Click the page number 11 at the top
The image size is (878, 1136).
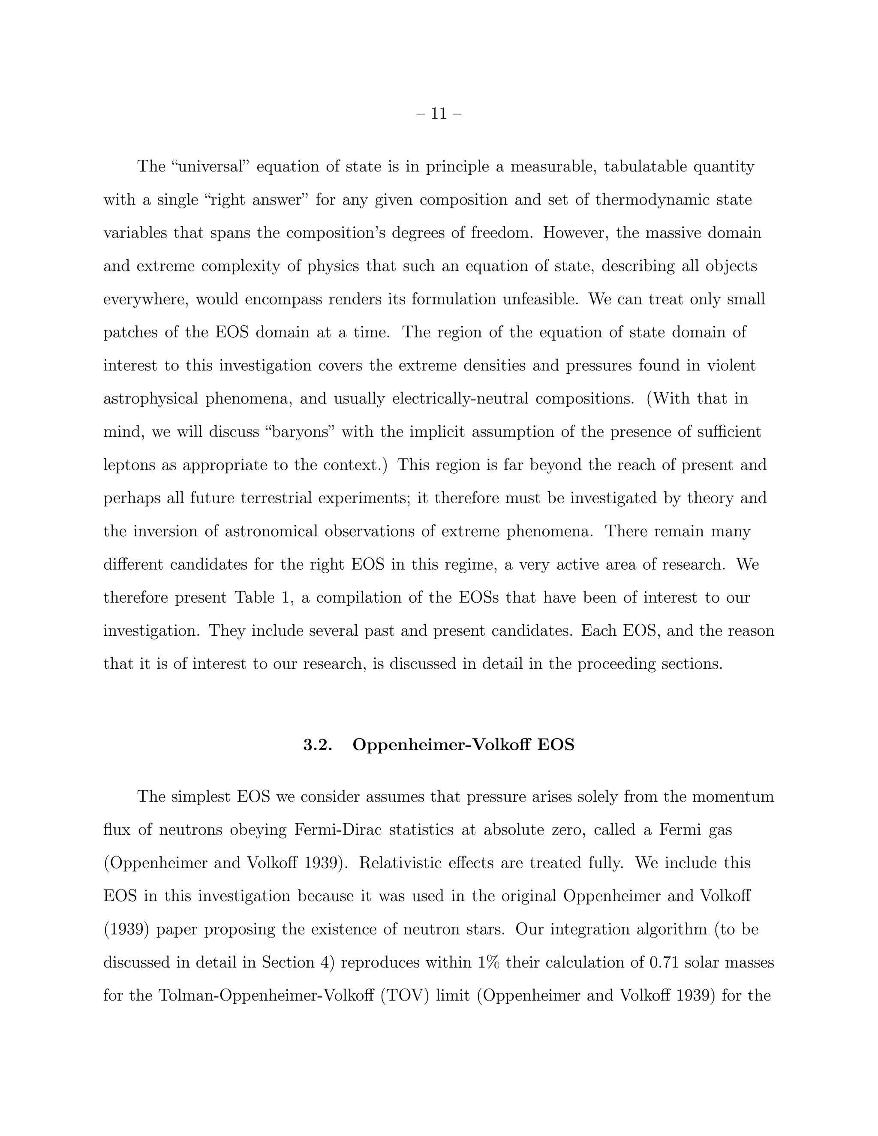[x=439, y=114]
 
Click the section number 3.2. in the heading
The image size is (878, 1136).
[x=317, y=745]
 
